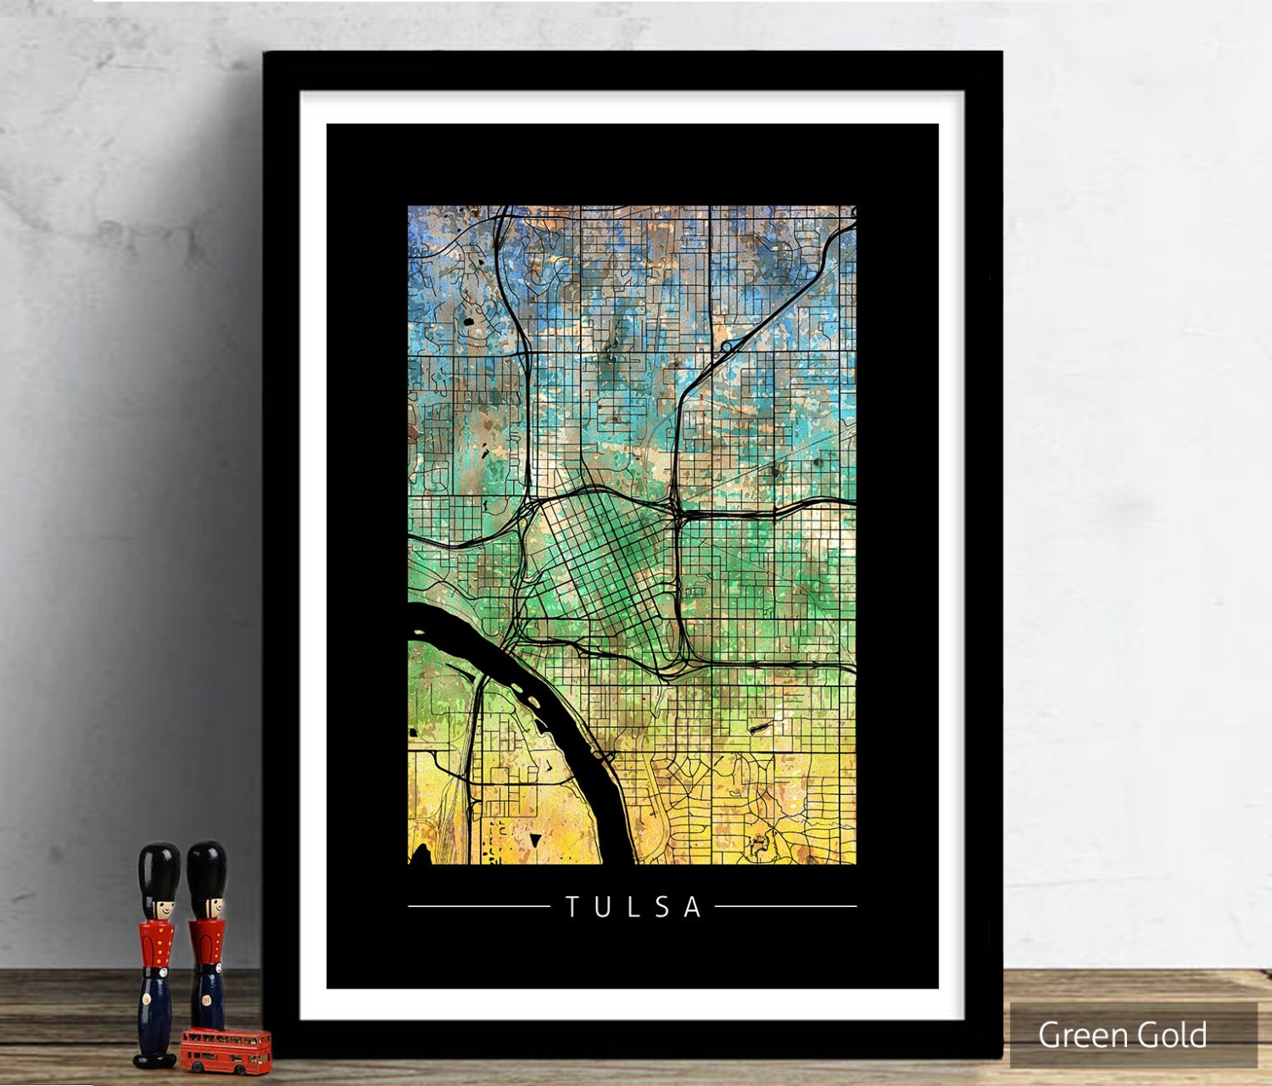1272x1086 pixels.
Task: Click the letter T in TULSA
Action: coord(572,907)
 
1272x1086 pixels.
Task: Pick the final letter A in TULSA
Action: coord(693,907)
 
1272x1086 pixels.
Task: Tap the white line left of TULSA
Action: coord(479,906)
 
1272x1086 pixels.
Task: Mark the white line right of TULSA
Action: coord(785,906)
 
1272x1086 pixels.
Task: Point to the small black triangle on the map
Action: coord(535,840)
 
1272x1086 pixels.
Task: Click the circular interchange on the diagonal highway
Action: coord(727,347)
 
